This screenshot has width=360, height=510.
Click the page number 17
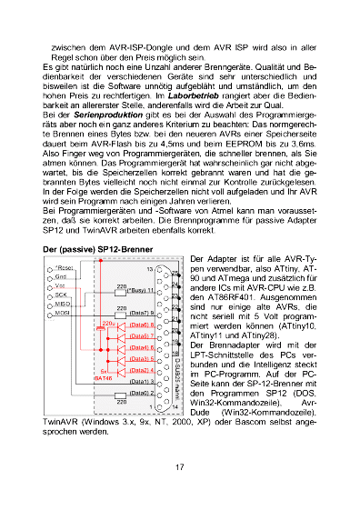(x=180, y=467)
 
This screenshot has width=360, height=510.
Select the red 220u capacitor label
(x=107, y=297)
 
